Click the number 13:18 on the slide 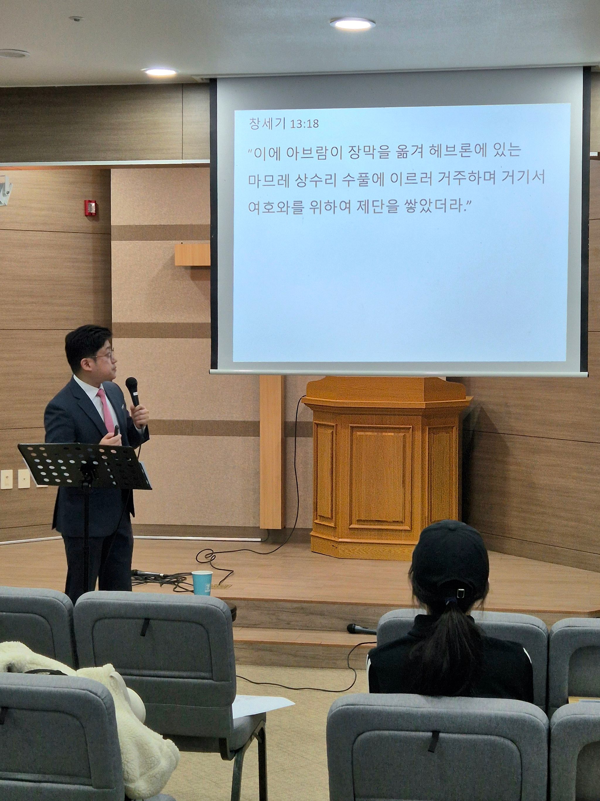(304, 124)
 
